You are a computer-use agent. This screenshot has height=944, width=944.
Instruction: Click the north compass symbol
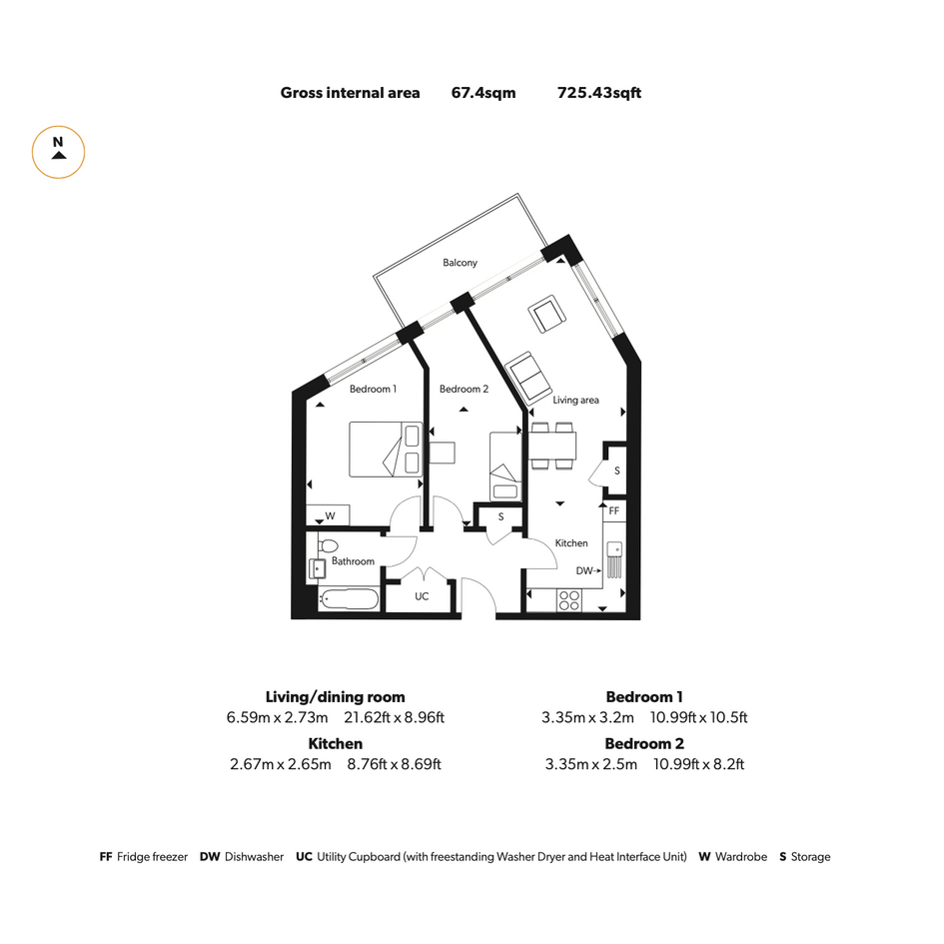click(x=58, y=152)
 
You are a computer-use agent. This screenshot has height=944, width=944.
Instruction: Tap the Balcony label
click(x=460, y=263)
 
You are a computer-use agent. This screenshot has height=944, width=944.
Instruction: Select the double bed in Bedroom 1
click(x=386, y=450)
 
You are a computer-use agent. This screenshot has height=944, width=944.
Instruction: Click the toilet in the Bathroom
click(x=328, y=546)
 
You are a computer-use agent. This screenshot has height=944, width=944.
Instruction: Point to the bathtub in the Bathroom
click(x=350, y=599)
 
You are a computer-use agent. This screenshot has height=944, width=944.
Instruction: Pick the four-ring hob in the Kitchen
click(x=569, y=600)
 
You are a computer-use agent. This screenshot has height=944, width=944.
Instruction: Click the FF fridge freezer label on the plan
click(x=614, y=511)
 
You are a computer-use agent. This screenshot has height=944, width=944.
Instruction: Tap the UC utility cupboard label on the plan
click(x=422, y=596)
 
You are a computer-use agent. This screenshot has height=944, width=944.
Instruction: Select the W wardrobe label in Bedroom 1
click(x=330, y=515)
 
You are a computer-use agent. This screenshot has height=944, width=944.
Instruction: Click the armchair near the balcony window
click(x=546, y=314)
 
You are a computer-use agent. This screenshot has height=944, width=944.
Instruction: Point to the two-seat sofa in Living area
click(x=528, y=378)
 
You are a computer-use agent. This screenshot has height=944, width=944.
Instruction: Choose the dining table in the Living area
click(x=552, y=447)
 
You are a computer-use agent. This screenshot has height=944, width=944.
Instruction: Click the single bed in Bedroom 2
click(x=505, y=467)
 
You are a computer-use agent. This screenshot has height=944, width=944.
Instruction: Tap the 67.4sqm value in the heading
click(x=483, y=93)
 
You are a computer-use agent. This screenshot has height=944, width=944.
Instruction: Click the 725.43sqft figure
click(x=599, y=93)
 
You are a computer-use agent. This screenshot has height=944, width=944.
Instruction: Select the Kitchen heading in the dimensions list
click(x=336, y=743)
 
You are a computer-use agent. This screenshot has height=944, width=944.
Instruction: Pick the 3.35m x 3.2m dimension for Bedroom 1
click(x=587, y=717)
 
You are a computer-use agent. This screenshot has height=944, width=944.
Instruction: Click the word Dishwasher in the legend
click(x=254, y=857)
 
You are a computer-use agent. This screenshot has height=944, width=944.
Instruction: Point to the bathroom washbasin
click(x=317, y=568)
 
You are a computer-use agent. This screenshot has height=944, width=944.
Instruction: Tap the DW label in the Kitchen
click(x=584, y=570)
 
